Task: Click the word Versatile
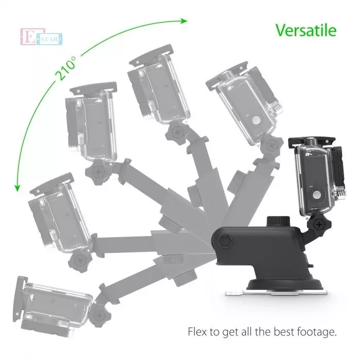coord(306,30)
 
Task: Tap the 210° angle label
coord(66,68)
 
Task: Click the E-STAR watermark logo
coord(41,37)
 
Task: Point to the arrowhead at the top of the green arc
coord(184,21)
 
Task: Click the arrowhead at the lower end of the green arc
coord(17,188)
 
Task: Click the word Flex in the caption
coord(197,332)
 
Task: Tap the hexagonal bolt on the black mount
coord(226,241)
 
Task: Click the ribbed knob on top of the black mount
coord(278,221)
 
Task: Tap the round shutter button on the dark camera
coord(317,195)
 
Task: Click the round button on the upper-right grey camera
coord(256,120)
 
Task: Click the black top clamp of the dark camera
coord(312,141)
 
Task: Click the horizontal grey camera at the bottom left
coord(53,306)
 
